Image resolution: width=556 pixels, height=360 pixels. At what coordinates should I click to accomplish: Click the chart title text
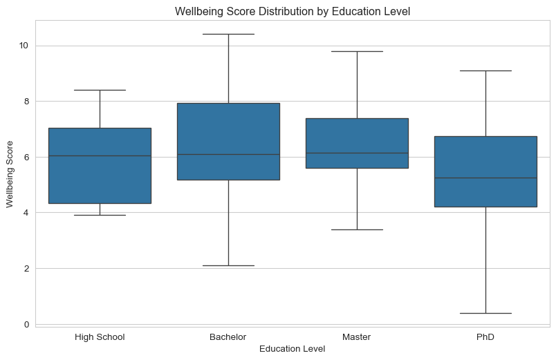click(293, 11)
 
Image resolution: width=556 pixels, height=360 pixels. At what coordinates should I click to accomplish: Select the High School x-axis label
click(100, 337)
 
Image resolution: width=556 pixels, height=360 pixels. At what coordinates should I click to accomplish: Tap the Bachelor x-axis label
click(228, 337)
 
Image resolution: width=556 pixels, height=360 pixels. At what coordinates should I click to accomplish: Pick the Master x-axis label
click(356, 337)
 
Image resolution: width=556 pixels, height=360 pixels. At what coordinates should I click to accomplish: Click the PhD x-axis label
click(485, 337)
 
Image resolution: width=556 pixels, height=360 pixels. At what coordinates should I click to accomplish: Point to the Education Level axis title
click(293, 349)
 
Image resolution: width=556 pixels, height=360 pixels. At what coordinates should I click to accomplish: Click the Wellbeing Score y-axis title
click(10, 174)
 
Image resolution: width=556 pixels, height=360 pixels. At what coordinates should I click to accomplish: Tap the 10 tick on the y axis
click(24, 46)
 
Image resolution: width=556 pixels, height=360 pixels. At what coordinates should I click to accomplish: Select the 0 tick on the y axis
click(26, 325)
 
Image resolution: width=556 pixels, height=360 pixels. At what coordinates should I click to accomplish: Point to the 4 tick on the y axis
click(26, 213)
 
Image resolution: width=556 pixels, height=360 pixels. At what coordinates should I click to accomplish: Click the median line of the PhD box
click(485, 178)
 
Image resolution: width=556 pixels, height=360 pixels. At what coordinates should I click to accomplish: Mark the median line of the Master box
click(357, 153)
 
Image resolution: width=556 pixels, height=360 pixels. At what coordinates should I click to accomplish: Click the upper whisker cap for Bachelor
click(229, 34)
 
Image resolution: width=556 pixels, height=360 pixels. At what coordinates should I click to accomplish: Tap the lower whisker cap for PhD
click(485, 313)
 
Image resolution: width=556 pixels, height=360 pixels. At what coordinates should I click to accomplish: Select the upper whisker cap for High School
click(100, 90)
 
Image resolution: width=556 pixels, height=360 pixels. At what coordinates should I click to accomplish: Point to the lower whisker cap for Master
click(357, 229)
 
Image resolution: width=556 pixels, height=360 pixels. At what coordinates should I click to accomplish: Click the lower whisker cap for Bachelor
click(229, 265)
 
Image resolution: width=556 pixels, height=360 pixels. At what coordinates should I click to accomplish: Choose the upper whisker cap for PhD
click(485, 71)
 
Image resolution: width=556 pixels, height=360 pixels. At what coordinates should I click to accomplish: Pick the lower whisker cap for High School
click(100, 215)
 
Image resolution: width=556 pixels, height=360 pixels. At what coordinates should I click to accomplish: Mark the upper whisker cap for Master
click(357, 51)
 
